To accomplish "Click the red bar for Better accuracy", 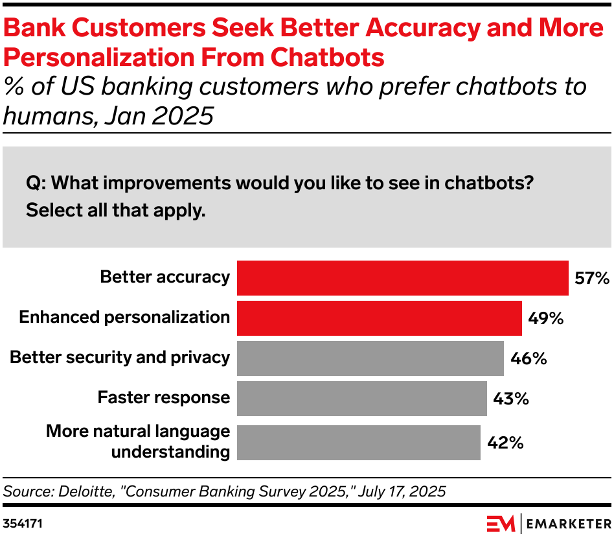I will (402, 278).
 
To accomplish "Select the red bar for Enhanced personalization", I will (379, 318).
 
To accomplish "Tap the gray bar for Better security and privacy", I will (370, 358).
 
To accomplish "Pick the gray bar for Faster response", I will (361, 399).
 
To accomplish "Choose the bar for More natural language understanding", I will (358, 442).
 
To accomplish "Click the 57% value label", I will (592, 279).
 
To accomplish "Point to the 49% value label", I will (546, 318).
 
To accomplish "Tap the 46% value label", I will (529, 358).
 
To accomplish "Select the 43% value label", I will (511, 399).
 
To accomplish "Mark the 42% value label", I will (505, 443).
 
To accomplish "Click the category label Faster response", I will (163, 397).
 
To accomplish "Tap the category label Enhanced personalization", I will (124, 317).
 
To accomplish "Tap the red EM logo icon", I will (501, 522).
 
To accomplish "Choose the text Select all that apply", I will (115, 211).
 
